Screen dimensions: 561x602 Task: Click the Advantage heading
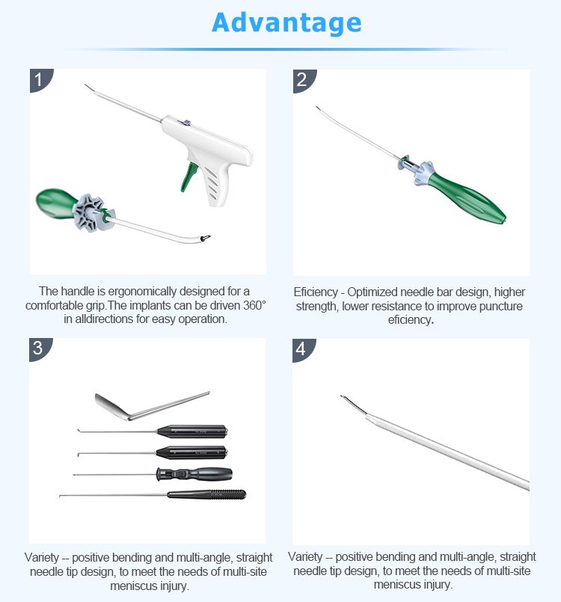[286, 22]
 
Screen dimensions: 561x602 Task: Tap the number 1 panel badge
[40, 79]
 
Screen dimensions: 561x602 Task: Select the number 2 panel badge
[303, 80]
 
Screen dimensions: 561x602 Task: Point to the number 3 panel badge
[39, 348]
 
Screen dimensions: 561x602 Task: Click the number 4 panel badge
[302, 349]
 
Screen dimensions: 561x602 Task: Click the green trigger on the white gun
[189, 176]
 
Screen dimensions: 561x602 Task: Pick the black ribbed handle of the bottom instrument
[206, 494]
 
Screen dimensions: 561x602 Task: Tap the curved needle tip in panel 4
[353, 405]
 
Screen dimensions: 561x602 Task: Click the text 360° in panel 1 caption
[254, 305]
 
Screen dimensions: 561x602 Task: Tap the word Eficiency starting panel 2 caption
[316, 292]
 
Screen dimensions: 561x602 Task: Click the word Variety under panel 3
[42, 557]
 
